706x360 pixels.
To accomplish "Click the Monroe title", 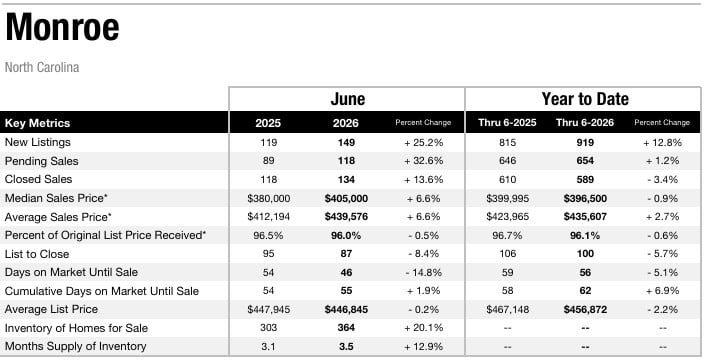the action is [62, 27].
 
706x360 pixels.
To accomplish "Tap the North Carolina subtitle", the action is [42, 68].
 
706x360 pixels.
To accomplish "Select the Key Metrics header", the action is [37, 123].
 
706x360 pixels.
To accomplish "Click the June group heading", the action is [348, 99].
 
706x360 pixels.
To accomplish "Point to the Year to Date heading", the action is [585, 99].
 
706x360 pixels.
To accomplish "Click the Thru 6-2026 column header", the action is [585, 123].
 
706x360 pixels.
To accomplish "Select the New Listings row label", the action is [38, 142].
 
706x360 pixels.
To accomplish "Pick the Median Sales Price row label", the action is [56, 198].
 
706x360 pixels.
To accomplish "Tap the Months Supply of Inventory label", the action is [76, 346].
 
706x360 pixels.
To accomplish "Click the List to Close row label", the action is [37, 254].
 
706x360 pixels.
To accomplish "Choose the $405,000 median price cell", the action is [346, 198].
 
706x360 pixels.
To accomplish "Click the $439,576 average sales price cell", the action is [346, 217].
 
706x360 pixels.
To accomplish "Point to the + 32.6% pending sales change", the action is [423, 161].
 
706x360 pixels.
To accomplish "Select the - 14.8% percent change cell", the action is [423, 272].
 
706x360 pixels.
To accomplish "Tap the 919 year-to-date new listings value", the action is [585, 143].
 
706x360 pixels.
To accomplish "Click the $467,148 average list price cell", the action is [507, 310].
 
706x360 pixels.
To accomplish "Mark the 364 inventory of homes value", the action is [346, 328].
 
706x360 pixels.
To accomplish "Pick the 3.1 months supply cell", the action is [268, 346].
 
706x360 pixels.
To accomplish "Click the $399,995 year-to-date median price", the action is [507, 198].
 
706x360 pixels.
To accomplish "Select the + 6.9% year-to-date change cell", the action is [662, 291].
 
